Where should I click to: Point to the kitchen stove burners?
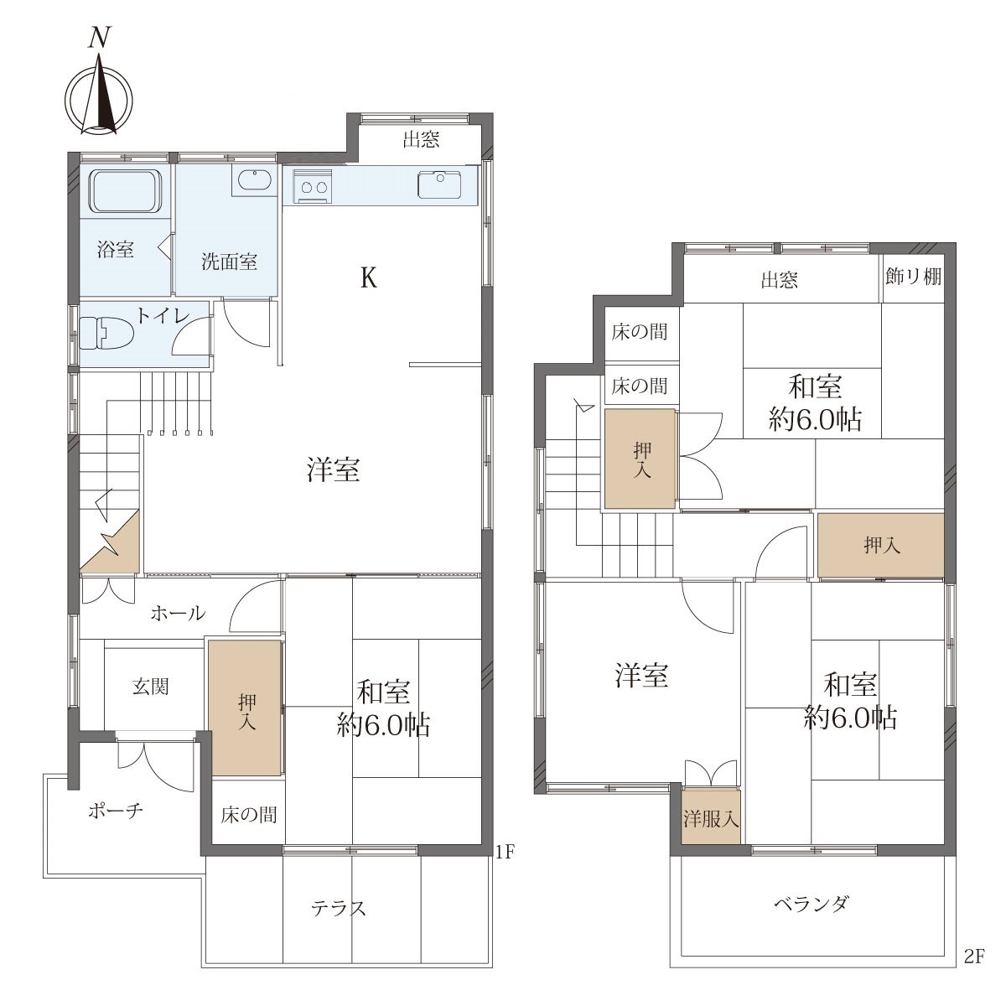pyautogui.click(x=312, y=186)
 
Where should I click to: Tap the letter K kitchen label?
pyautogui.click(x=369, y=278)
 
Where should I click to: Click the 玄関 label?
pyautogui.click(x=150, y=687)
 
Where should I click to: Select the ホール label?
pyautogui.click(x=178, y=614)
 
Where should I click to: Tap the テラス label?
pyautogui.click(x=339, y=909)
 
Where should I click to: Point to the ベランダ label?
pyautogui.click(x=812, y=903)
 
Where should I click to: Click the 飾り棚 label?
pyautogui.click(x=913, y=276)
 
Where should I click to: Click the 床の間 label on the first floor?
pyautogui.click(x=248, y=814)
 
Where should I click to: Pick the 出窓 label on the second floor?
pyautogui.click(x=779, y=280)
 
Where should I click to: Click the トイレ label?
pyautogui.click(x=163, y=315)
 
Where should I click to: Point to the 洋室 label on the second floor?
pyautogui.click(x=641, y=676)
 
